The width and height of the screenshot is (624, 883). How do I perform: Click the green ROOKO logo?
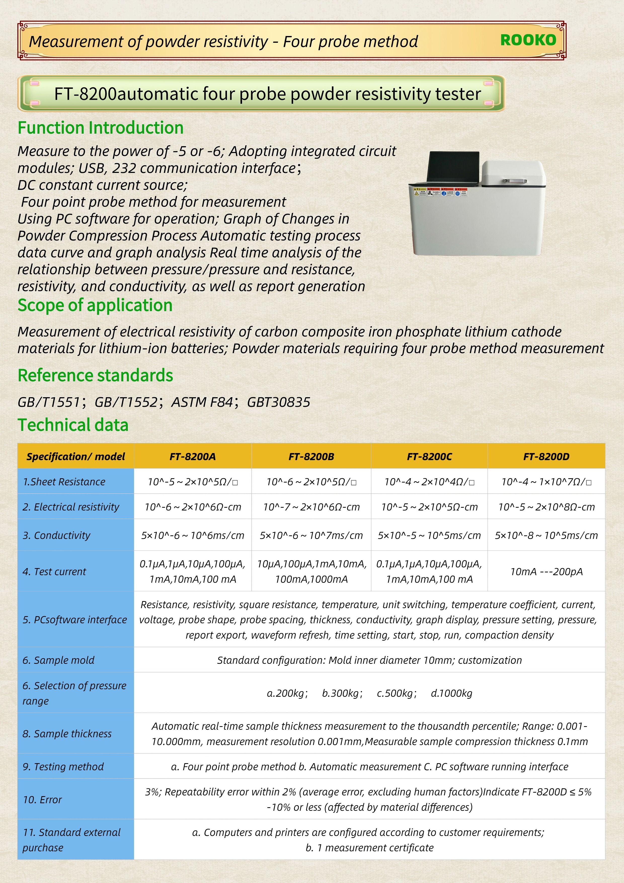click(528, 40)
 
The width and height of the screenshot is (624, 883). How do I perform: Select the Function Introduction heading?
click(101, 128)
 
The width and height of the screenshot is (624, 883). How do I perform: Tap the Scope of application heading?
click(95, 305)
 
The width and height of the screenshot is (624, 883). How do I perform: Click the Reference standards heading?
click(95, 375)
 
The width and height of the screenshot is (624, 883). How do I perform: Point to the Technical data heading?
click(73, 425)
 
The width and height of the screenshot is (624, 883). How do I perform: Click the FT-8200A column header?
click(193, 457)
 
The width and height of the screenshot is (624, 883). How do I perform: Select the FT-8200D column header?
click(546, 457)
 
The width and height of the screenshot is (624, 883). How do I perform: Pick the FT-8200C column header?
click(429, 457)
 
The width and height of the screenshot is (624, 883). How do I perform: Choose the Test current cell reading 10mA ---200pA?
click(546, 571)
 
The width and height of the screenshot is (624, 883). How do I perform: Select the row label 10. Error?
click(42, 799)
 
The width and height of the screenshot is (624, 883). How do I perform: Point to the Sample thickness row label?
click(67, 733)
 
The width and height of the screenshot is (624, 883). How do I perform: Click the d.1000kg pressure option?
click(451, 693)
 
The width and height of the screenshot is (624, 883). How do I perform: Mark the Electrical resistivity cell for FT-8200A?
click(193, 507)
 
